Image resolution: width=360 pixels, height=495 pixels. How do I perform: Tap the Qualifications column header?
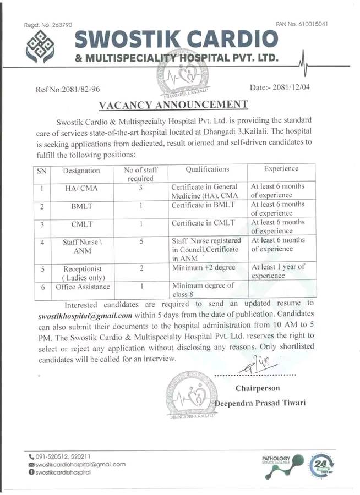point(207,169)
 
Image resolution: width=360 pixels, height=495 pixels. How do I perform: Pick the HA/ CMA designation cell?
point(81,188)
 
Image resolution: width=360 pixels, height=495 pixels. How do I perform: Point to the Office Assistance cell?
point(83,287)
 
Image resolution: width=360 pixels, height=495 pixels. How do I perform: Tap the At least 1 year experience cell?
point(277,271)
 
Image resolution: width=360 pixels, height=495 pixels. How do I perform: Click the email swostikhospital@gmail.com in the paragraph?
point(85,316)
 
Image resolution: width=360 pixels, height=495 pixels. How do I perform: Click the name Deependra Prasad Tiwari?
point(259,404)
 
